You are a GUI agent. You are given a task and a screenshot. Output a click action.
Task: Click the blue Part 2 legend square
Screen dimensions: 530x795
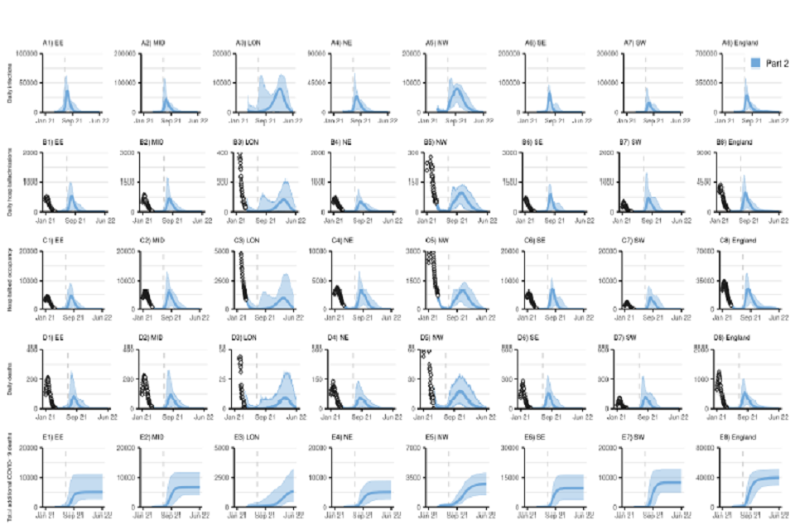pyautogui.click(x=756, y=63)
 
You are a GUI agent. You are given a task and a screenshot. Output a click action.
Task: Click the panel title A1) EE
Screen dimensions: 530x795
pyautogui.click(x=54, y=42)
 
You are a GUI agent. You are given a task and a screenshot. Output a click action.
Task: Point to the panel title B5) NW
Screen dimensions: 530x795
pyautogui.click(x=438, y=142)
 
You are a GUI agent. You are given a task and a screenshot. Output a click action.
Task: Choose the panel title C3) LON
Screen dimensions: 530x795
pyautogui.click(x=248, y=239)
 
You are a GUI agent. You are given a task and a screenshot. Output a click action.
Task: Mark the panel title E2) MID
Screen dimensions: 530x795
pyautogui.click(x=151, y=436)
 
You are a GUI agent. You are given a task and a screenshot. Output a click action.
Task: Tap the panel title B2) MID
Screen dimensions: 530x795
pyautogui.click(x=151, y=142)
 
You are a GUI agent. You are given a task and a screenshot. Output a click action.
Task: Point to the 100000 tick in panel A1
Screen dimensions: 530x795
pyautogui.click(x=27, y=54)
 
